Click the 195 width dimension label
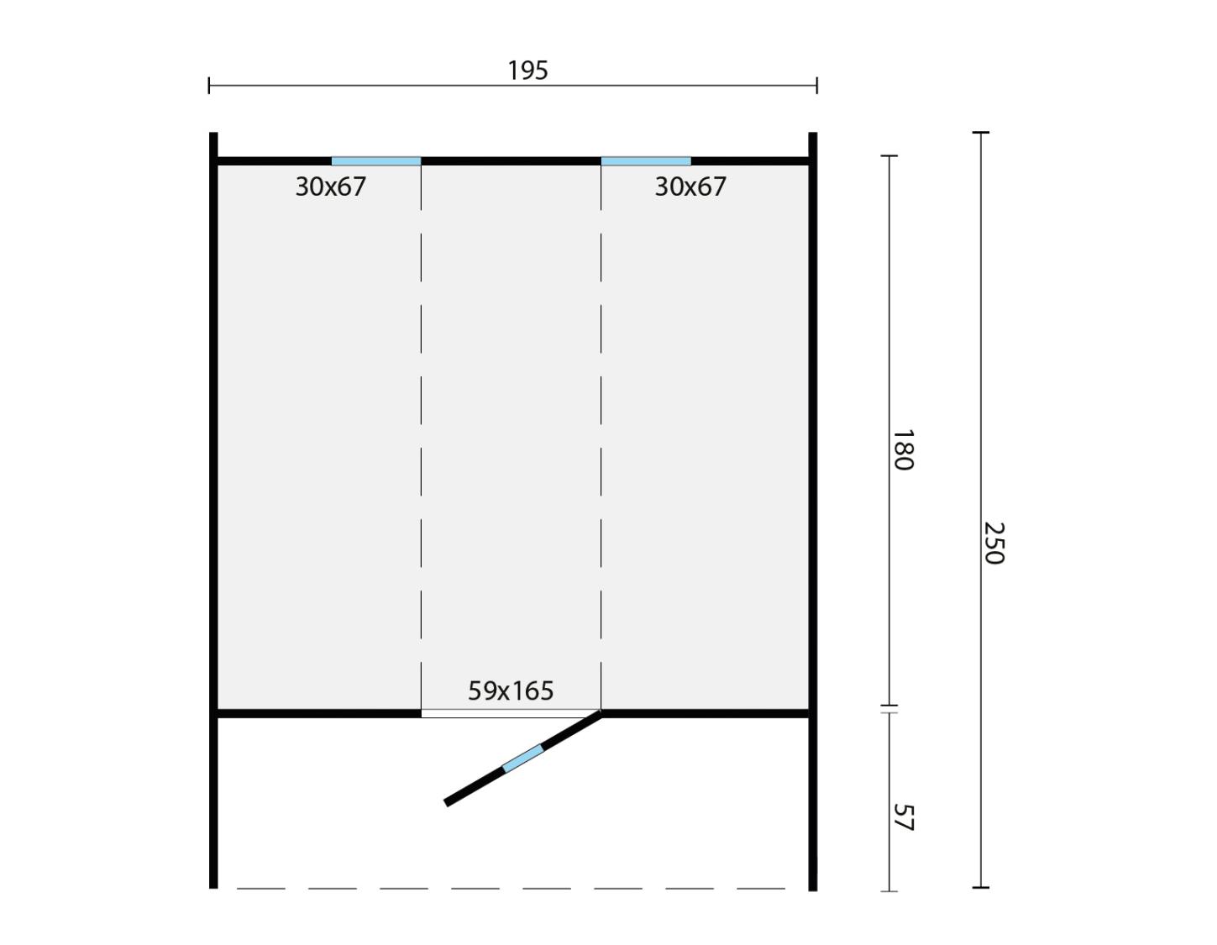pyautogui.click(x=527, y=71)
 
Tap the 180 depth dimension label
pyautogui.click(x=903, y=449)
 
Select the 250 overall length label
pyautogui.click(x=994, y=543)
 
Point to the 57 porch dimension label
pyautogui.click(x=903, y=817)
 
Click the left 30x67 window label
pyautogui.click(x=330, y=186)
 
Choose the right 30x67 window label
pyautogui.click(x=690, y=186)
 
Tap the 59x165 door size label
pyautogui.click(x=510, y=690)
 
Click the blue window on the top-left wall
pyautogui.click(x=375, y=161)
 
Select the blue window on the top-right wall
pyautogui.click(x=646, y=161)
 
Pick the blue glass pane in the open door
pyautogui.click(x=523, y=759)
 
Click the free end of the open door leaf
pyautogui.click(x=446, y=803)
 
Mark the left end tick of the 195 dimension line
pyautogui.click(x=209, y=86)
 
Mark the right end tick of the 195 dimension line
pyautogui.click(x=816, y=86)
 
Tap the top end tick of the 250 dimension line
pyautogui.click(x=980, y=133)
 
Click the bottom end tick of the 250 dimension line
pyautogui.click(x=980, y=887)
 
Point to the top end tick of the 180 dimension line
pyautogui.click(x=889, y=155)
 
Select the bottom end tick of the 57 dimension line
pyautogui.click(x=889, y=891)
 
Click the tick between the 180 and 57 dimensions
pyautogui.click(x=889, y=709)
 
